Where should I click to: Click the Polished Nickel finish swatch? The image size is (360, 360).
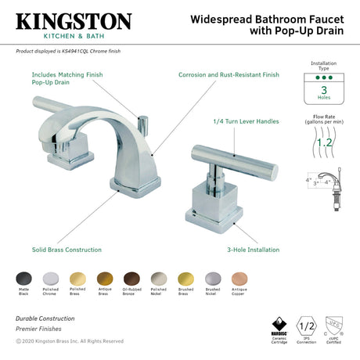coord(157,278)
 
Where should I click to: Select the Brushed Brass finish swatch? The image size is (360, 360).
coord(185,278)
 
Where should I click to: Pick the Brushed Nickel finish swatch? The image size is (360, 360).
coord(213,278)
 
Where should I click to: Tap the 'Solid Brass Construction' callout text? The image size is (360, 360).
coord(67,250)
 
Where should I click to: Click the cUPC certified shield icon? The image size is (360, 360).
coord(335,324)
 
